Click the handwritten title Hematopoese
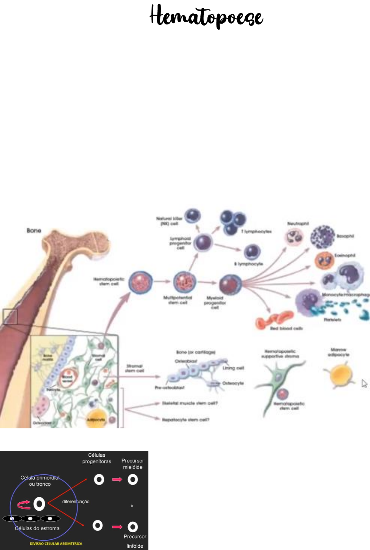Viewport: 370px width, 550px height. [206, 17]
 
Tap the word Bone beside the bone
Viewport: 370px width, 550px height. [34, 230]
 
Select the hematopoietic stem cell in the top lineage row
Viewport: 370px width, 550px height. [141, 282]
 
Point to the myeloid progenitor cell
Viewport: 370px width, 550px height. [230, 284]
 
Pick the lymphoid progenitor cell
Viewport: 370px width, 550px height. [203, 242]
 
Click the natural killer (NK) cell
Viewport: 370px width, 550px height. [193, 215]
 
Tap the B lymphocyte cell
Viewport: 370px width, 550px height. [252, 252]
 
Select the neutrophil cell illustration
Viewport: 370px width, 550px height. [294, 237]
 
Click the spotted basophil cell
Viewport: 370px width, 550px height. [322, 237]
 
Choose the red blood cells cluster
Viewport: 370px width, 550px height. [274, 319]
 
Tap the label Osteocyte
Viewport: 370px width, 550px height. [233, 383]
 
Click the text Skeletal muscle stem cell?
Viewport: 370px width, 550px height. [190, 403]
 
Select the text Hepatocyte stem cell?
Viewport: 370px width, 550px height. [186, 420]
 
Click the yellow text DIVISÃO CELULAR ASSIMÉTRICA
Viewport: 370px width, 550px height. [56, 544]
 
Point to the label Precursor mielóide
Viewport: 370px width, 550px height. [133, 464]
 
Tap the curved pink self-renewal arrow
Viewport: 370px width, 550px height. [24, 504]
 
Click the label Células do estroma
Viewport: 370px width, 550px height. [37, 528]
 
